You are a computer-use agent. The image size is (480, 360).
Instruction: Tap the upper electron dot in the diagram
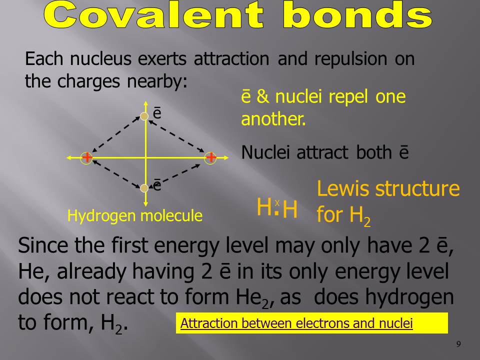pos(144,116)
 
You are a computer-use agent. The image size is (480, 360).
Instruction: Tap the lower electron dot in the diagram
pos(144,188)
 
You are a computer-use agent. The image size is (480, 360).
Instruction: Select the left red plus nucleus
pos(87,157)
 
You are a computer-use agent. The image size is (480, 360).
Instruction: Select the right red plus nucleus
pos(210,157)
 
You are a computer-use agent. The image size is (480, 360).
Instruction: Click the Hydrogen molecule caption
pos(134,216)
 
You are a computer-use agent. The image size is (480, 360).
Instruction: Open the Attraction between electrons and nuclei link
pos(296,323)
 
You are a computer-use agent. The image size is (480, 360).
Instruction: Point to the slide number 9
pos(458,344)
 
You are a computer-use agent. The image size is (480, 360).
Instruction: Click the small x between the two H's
pos(277,203)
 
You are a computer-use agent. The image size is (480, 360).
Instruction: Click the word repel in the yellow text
pos(348,97)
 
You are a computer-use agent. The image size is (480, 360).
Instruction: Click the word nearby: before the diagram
pos(157,81)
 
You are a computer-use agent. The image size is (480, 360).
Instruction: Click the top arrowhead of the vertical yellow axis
pos(145,103)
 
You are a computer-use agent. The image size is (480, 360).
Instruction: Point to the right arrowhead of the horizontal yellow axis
pos(226,157)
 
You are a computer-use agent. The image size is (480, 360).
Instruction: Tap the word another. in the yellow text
pos(273,119)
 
